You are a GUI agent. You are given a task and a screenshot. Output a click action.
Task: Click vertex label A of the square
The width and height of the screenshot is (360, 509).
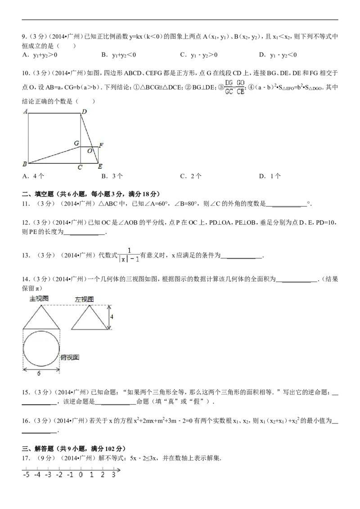pyautogui.click(x=26, y=111)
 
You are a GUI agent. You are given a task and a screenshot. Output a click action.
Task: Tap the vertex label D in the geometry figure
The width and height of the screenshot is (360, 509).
pyautogui.click(x=84, y=112)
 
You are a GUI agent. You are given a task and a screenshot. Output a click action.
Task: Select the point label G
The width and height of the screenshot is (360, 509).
pyautogui.click(x=76, y=143)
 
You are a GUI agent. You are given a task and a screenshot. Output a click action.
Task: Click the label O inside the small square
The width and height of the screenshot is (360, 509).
pyautogui.click(x=90, y=151)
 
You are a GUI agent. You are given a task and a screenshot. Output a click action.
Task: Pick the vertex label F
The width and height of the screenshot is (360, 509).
pyautogui.click(x=101, y=145)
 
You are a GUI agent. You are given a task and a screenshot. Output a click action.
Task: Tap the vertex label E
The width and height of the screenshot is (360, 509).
pyautogui.click(x=100, y=167)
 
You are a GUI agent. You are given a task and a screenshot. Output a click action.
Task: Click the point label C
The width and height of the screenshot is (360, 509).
pyautogui.click(x=80, y=168)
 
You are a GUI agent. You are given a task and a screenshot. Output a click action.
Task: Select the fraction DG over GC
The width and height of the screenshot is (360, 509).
pyautogui.click(x=229, y=87)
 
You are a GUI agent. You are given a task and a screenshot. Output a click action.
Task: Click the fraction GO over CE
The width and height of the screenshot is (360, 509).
pyautogui.click(x=240, y=87)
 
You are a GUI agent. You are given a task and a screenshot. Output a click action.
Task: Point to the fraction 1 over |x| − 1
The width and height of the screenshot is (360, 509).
pyautogui.click(x=129, y=255)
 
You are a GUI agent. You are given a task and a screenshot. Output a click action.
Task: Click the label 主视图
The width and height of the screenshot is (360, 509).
pyautogui.click(x=39, y=298)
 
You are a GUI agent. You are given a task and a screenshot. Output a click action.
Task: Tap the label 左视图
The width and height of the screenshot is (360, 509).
pyautogui.click(x=85, y=299)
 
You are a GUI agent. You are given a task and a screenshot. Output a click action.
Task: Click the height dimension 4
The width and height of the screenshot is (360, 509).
pyautogui.click(x=112, y=317)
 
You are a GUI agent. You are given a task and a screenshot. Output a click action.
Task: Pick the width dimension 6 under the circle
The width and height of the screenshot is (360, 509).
pyautogui.click(x=39, y=373)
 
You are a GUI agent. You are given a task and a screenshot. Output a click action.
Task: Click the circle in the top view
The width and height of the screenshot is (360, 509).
pyautogui.click(x=41, y=348)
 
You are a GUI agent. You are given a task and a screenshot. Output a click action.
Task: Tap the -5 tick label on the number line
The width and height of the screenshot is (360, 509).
pyautogui.click(x=26, y=474)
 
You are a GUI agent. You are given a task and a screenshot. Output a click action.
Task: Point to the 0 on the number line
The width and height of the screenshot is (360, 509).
pyautogui.click(x=81, y=474)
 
